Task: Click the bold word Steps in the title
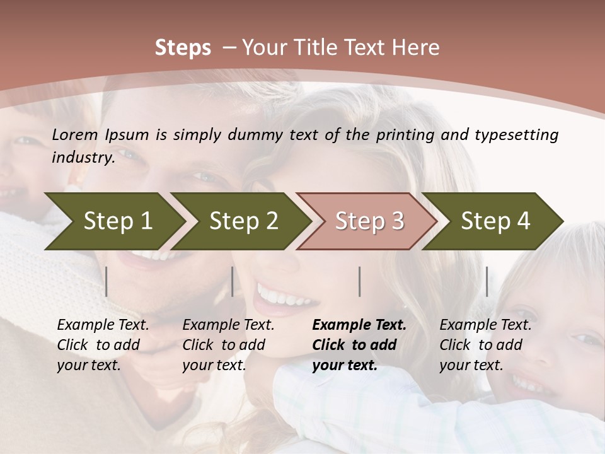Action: pos(183,48)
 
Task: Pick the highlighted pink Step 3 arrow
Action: pos(369,221)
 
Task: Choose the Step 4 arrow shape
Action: pos(495,221)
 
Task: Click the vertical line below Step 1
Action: pos(107,281)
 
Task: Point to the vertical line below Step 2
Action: pos(233,281)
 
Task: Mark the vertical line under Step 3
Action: pos(360,281)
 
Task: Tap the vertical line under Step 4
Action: pos(487,281)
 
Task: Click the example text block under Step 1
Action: pos(103,345)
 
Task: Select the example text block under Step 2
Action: pos(228,345)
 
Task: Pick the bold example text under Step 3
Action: pos(359,345)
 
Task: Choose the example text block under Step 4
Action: pos(485,345)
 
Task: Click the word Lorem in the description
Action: pos(75,134)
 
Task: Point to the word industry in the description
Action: pos(83,158)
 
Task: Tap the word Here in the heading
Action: pos(418,48)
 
